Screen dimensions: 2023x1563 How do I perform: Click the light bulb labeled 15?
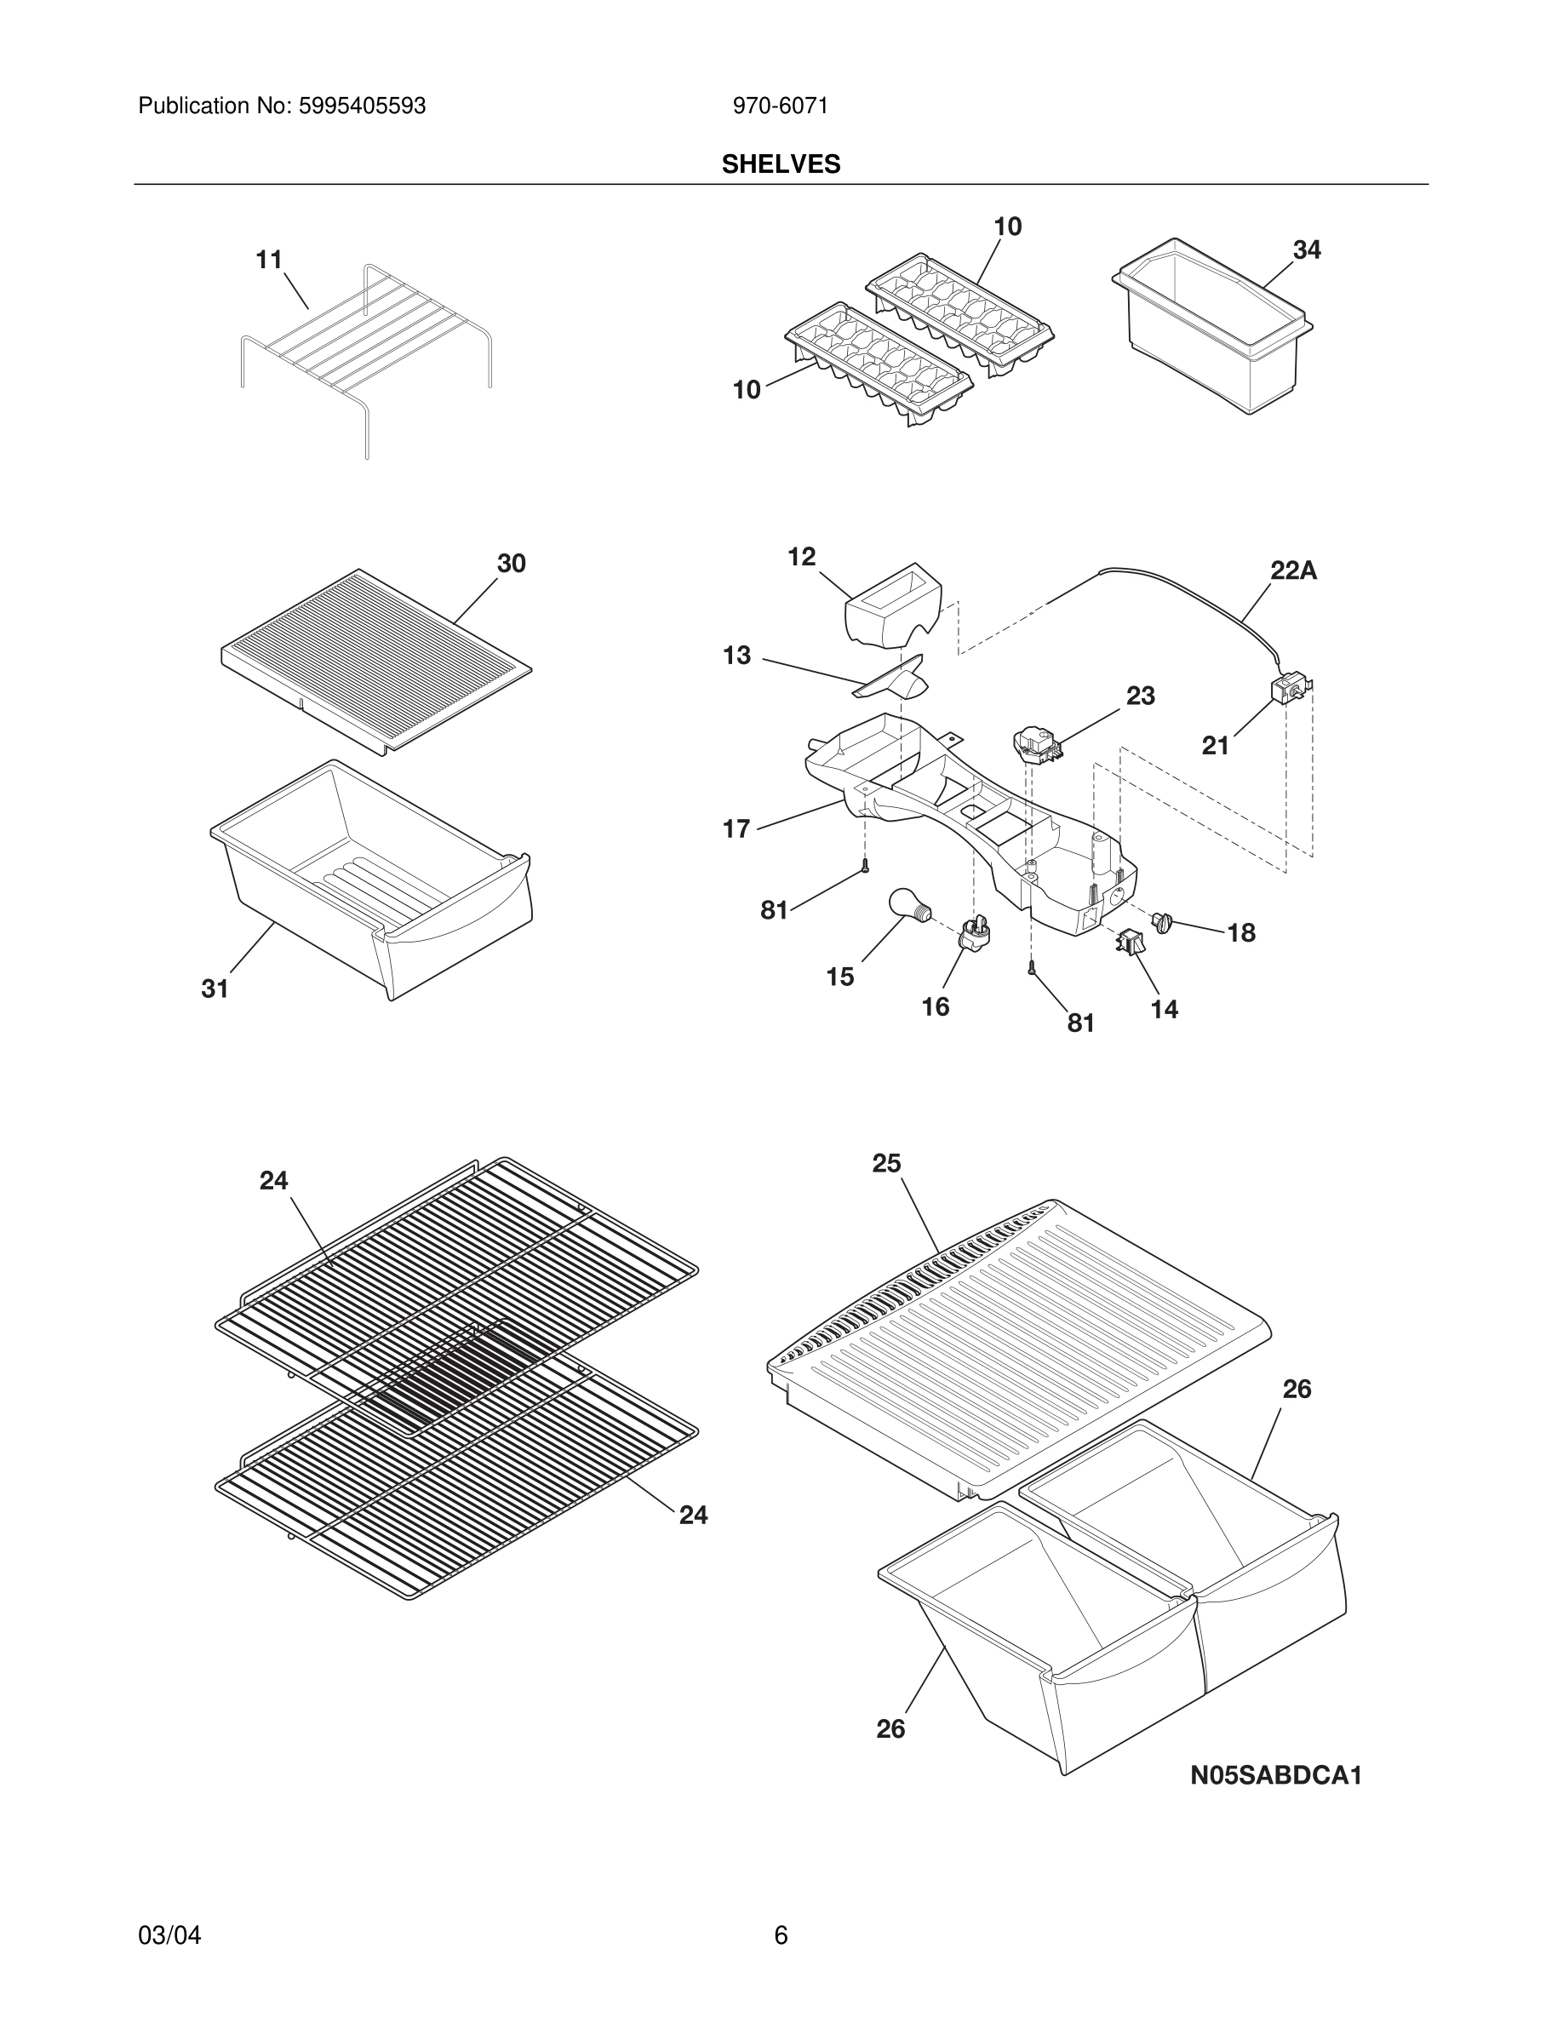click(x=907, y=904)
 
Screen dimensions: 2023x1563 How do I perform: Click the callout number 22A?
click(x=1292, y=571)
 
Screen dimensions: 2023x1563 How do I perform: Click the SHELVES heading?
click(x=781, y=165)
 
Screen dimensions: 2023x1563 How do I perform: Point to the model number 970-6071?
click(x=780, y=106)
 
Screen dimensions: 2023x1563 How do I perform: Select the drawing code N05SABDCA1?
click(x=1275, y=1776)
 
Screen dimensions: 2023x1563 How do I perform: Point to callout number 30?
click(x=511, y=563)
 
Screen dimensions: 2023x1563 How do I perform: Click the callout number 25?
click(x=886, y=1163)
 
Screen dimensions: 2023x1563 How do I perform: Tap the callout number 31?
click(x=215, y=989)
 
